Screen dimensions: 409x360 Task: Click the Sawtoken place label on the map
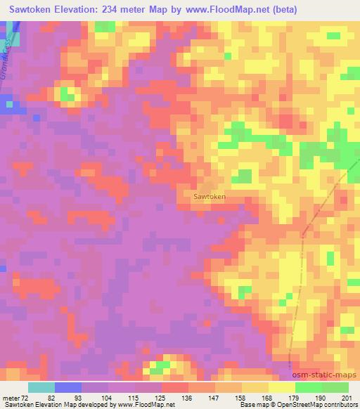[x=210, y=197]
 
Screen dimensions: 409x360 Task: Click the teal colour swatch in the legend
[x=41, y=387]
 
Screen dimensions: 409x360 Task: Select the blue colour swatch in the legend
[x=67, y=387]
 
